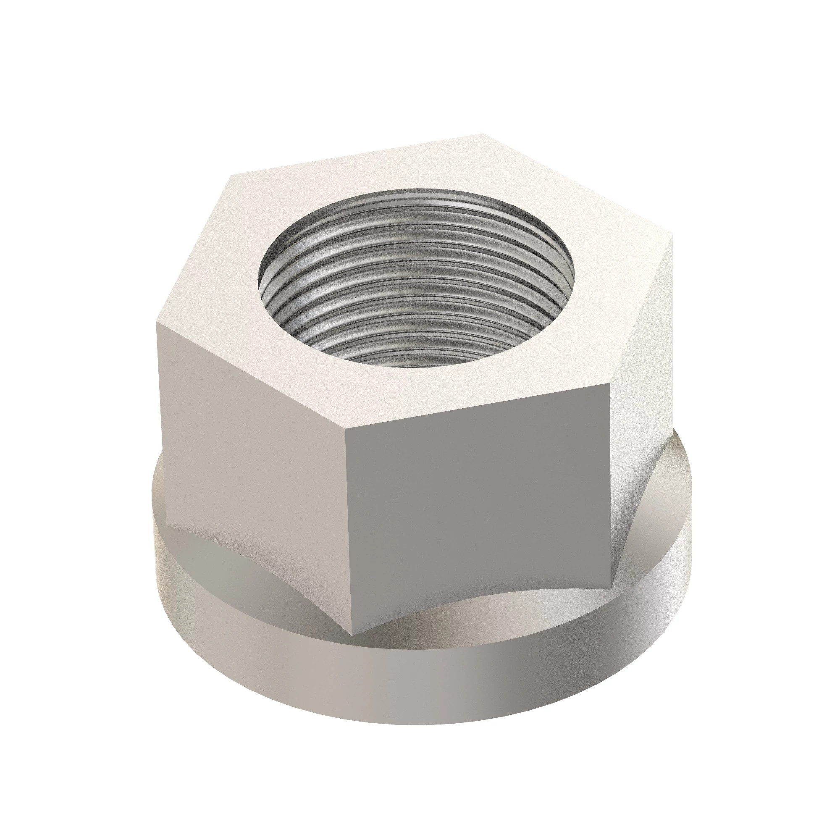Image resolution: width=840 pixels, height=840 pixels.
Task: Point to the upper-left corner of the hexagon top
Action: [x=232, y=175]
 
